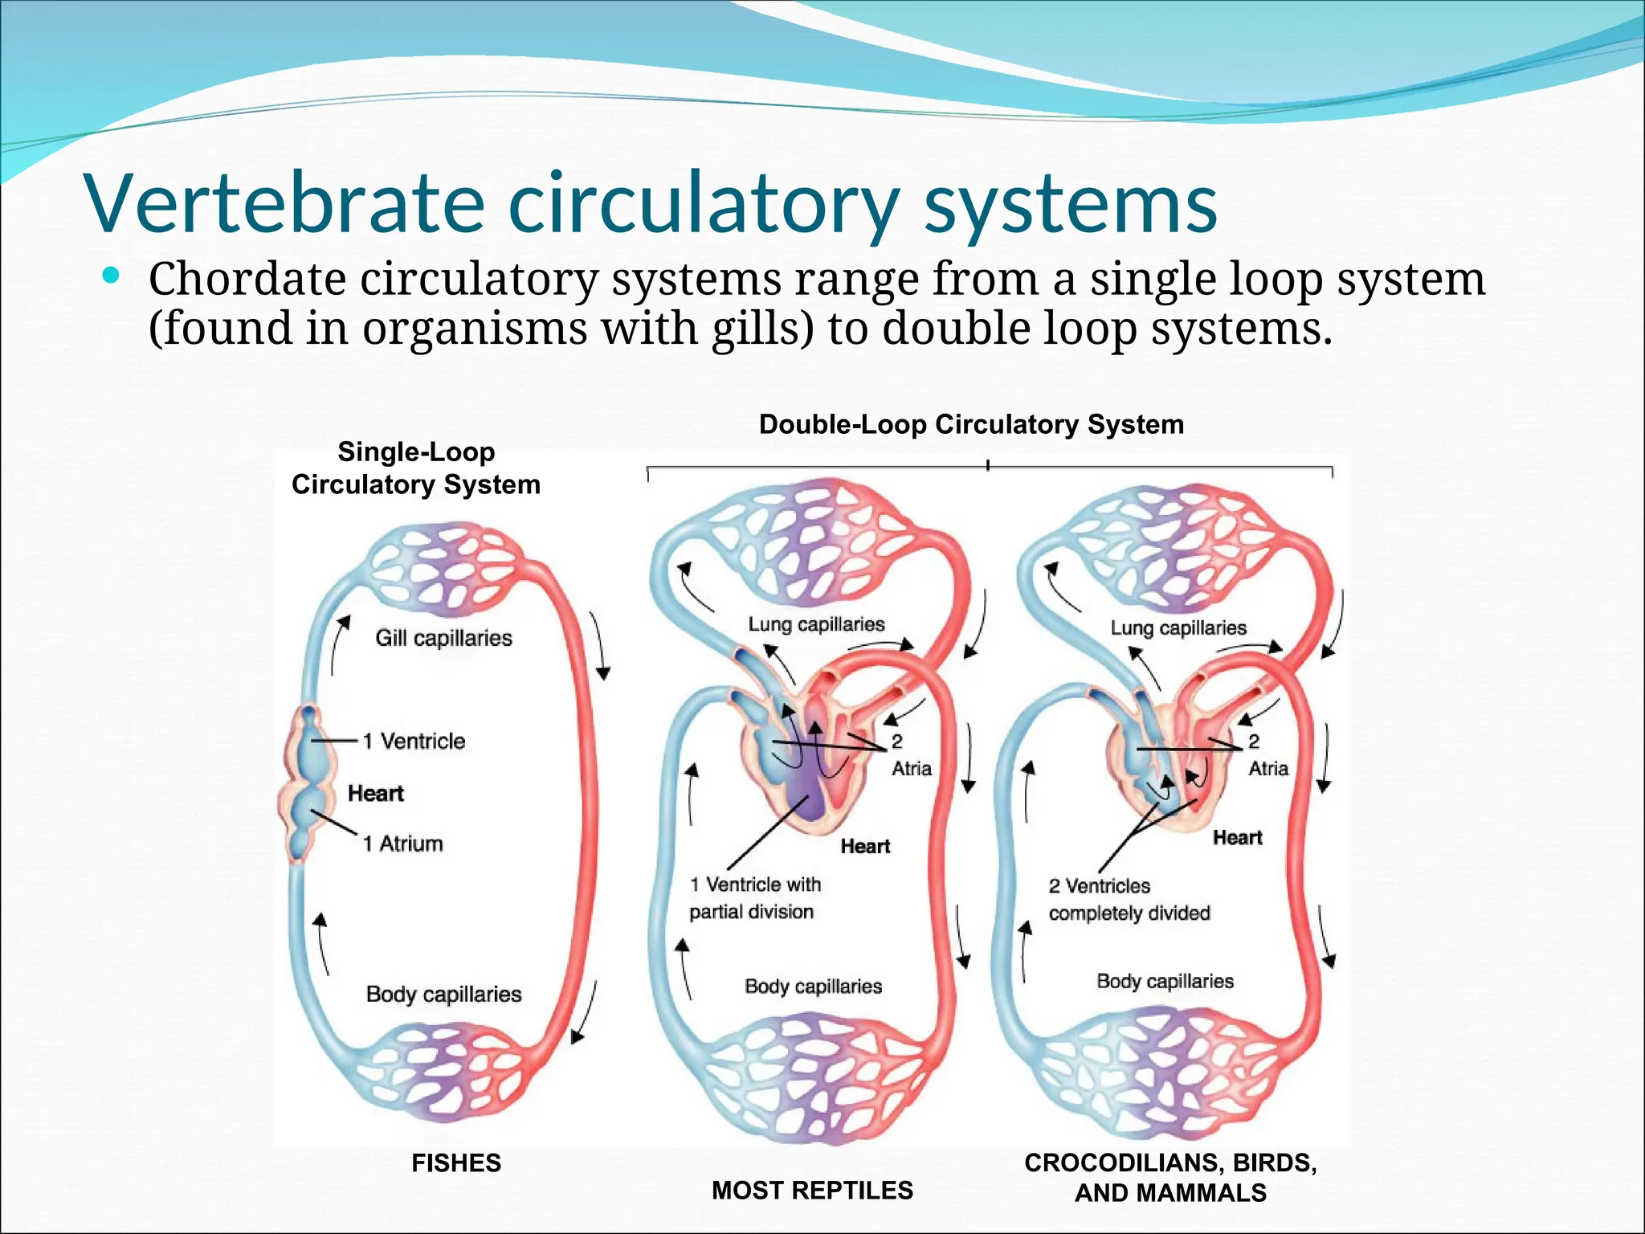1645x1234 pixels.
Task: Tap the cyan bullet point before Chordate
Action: pos(112,277)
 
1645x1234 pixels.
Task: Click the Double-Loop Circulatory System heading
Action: pos(971,424)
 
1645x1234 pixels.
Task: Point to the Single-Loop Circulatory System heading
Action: pos(415,468)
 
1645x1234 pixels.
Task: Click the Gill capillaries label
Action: pos(443,638)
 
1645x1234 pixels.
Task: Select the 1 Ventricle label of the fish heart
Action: pos(414,741)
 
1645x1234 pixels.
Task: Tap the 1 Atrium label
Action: pos(402,844)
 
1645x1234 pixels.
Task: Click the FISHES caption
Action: pos(455,1162)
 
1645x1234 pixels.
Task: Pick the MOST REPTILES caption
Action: pos(812,1190)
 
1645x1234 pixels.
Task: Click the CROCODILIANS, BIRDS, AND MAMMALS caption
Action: pos(1170,1177)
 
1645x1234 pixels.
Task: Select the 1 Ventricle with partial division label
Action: pos(754,897)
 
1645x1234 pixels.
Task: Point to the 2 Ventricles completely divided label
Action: pos(1129,899)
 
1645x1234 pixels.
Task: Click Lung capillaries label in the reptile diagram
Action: pos(816,624)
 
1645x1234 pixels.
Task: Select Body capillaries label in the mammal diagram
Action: pos(1165,981)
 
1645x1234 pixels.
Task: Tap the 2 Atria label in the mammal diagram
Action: pos(1267,755)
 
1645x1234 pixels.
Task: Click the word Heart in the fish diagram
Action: pos(375,794)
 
